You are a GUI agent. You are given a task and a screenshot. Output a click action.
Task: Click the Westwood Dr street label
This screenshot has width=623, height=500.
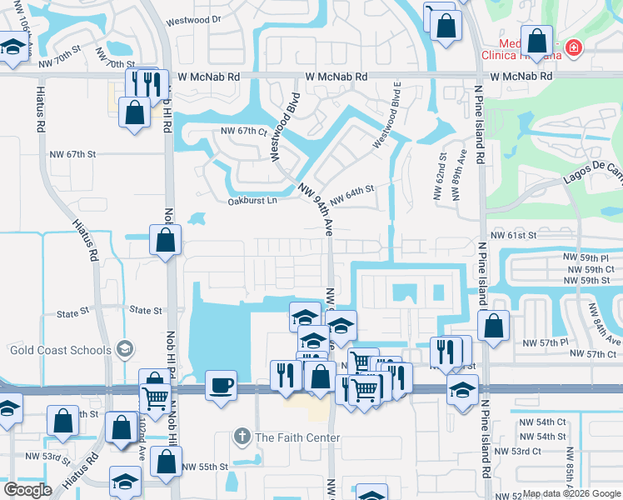(x=193, y=18)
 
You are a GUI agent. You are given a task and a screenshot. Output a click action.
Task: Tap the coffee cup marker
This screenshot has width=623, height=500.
(x=221, y=386)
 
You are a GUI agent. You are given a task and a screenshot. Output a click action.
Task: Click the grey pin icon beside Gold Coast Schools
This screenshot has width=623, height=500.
(x=126, y=347)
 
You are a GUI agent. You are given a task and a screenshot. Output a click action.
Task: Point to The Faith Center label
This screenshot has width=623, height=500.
(x=297, y=437)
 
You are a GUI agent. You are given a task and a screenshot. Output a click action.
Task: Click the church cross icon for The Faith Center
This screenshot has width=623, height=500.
(x=242, y=437)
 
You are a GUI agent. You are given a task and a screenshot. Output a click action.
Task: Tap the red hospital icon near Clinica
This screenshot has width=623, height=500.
(x=572, y=49)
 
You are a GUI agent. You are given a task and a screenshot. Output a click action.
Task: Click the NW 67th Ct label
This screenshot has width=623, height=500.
(x=243, y=131)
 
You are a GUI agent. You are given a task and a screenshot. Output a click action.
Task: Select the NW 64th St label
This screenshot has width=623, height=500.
(x=352, y=197)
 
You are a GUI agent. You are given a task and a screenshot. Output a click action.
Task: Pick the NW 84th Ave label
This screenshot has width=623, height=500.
(x=605, y=324)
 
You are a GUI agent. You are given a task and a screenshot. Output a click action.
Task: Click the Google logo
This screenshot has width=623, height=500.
(x=28, y=490)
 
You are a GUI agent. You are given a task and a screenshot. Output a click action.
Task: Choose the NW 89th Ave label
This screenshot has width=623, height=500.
(x=456, y=175)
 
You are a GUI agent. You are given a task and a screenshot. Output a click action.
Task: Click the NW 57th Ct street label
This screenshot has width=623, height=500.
(x=589, y=355)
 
